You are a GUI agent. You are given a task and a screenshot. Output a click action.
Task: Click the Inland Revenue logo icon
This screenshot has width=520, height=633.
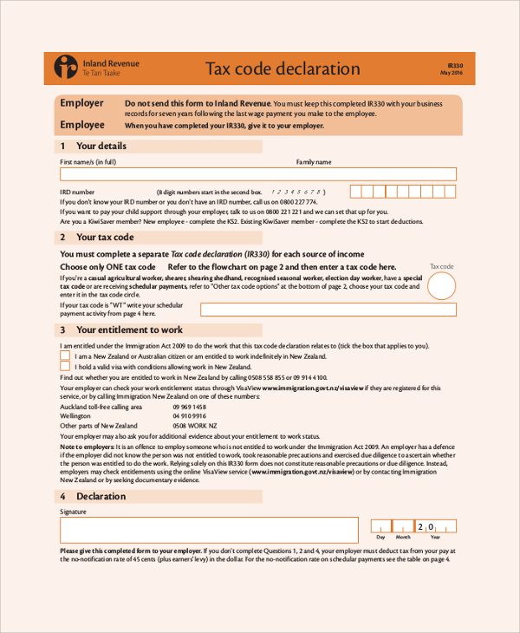(x=66, y=67)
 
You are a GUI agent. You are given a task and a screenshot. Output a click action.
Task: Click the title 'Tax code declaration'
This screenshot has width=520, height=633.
(x=270, y=69)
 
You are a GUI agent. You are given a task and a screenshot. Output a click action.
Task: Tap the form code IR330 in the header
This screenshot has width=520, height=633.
(x=456, y=65)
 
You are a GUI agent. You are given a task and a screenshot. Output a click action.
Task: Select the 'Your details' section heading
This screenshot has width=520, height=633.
(x=101, y=146)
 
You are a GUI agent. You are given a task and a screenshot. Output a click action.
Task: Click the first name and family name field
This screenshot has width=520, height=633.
(x=257, y=173)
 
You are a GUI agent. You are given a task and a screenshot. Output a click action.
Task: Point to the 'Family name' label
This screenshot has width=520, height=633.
(x=314, y=162)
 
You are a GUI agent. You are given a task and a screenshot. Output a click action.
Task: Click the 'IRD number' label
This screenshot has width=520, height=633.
(x=77, y=191)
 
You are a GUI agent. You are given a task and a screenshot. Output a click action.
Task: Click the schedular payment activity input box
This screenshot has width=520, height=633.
(x=328, y=310)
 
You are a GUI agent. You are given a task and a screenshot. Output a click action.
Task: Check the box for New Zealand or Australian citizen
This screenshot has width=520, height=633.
(x=65, y=356)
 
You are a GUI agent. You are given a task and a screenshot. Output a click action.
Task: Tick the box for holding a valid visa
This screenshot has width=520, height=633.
(x=65, y=367)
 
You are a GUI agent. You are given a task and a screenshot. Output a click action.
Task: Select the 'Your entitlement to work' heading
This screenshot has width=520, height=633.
(x=129, y=330)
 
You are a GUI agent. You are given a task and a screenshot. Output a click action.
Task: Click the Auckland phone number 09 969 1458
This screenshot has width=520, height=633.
(x=189, y=407)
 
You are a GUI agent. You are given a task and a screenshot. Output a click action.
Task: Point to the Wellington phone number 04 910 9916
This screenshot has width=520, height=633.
(x=189, y=416)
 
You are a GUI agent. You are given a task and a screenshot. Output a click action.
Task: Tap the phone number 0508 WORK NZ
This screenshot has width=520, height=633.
(x=195, y=426)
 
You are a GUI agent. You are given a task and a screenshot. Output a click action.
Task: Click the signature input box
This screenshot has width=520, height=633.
(x=209, y=530)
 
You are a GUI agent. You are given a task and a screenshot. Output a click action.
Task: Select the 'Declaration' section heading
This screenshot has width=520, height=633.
(x=101, y=496)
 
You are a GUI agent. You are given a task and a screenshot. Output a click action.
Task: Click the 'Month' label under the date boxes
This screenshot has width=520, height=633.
(x=404, y=538)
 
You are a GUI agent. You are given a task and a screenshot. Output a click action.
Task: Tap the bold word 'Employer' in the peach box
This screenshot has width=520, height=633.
(x=81, y=103)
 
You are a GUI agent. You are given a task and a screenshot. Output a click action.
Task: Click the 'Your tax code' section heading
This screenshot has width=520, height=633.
(x=105, y=237)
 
